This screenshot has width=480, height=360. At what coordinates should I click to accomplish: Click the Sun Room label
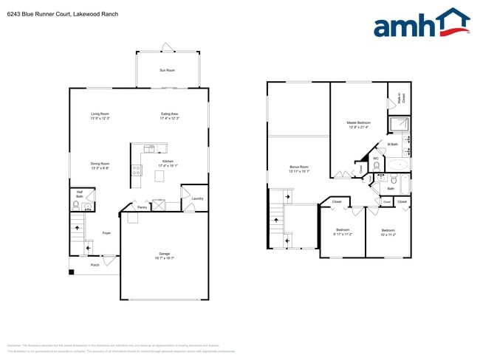coord(168,70)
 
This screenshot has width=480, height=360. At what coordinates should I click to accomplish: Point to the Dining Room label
coord(100,165)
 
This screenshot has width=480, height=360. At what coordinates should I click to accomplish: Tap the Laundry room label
coord(197,198)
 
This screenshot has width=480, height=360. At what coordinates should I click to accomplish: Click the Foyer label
coord(106,233)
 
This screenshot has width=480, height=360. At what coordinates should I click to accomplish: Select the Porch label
coord(95,265)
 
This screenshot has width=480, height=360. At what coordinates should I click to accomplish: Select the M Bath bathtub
coord(400,165)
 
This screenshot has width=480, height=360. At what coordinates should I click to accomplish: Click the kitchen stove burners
coord(137,170)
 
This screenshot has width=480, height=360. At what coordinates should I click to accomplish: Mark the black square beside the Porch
coord(72,272)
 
